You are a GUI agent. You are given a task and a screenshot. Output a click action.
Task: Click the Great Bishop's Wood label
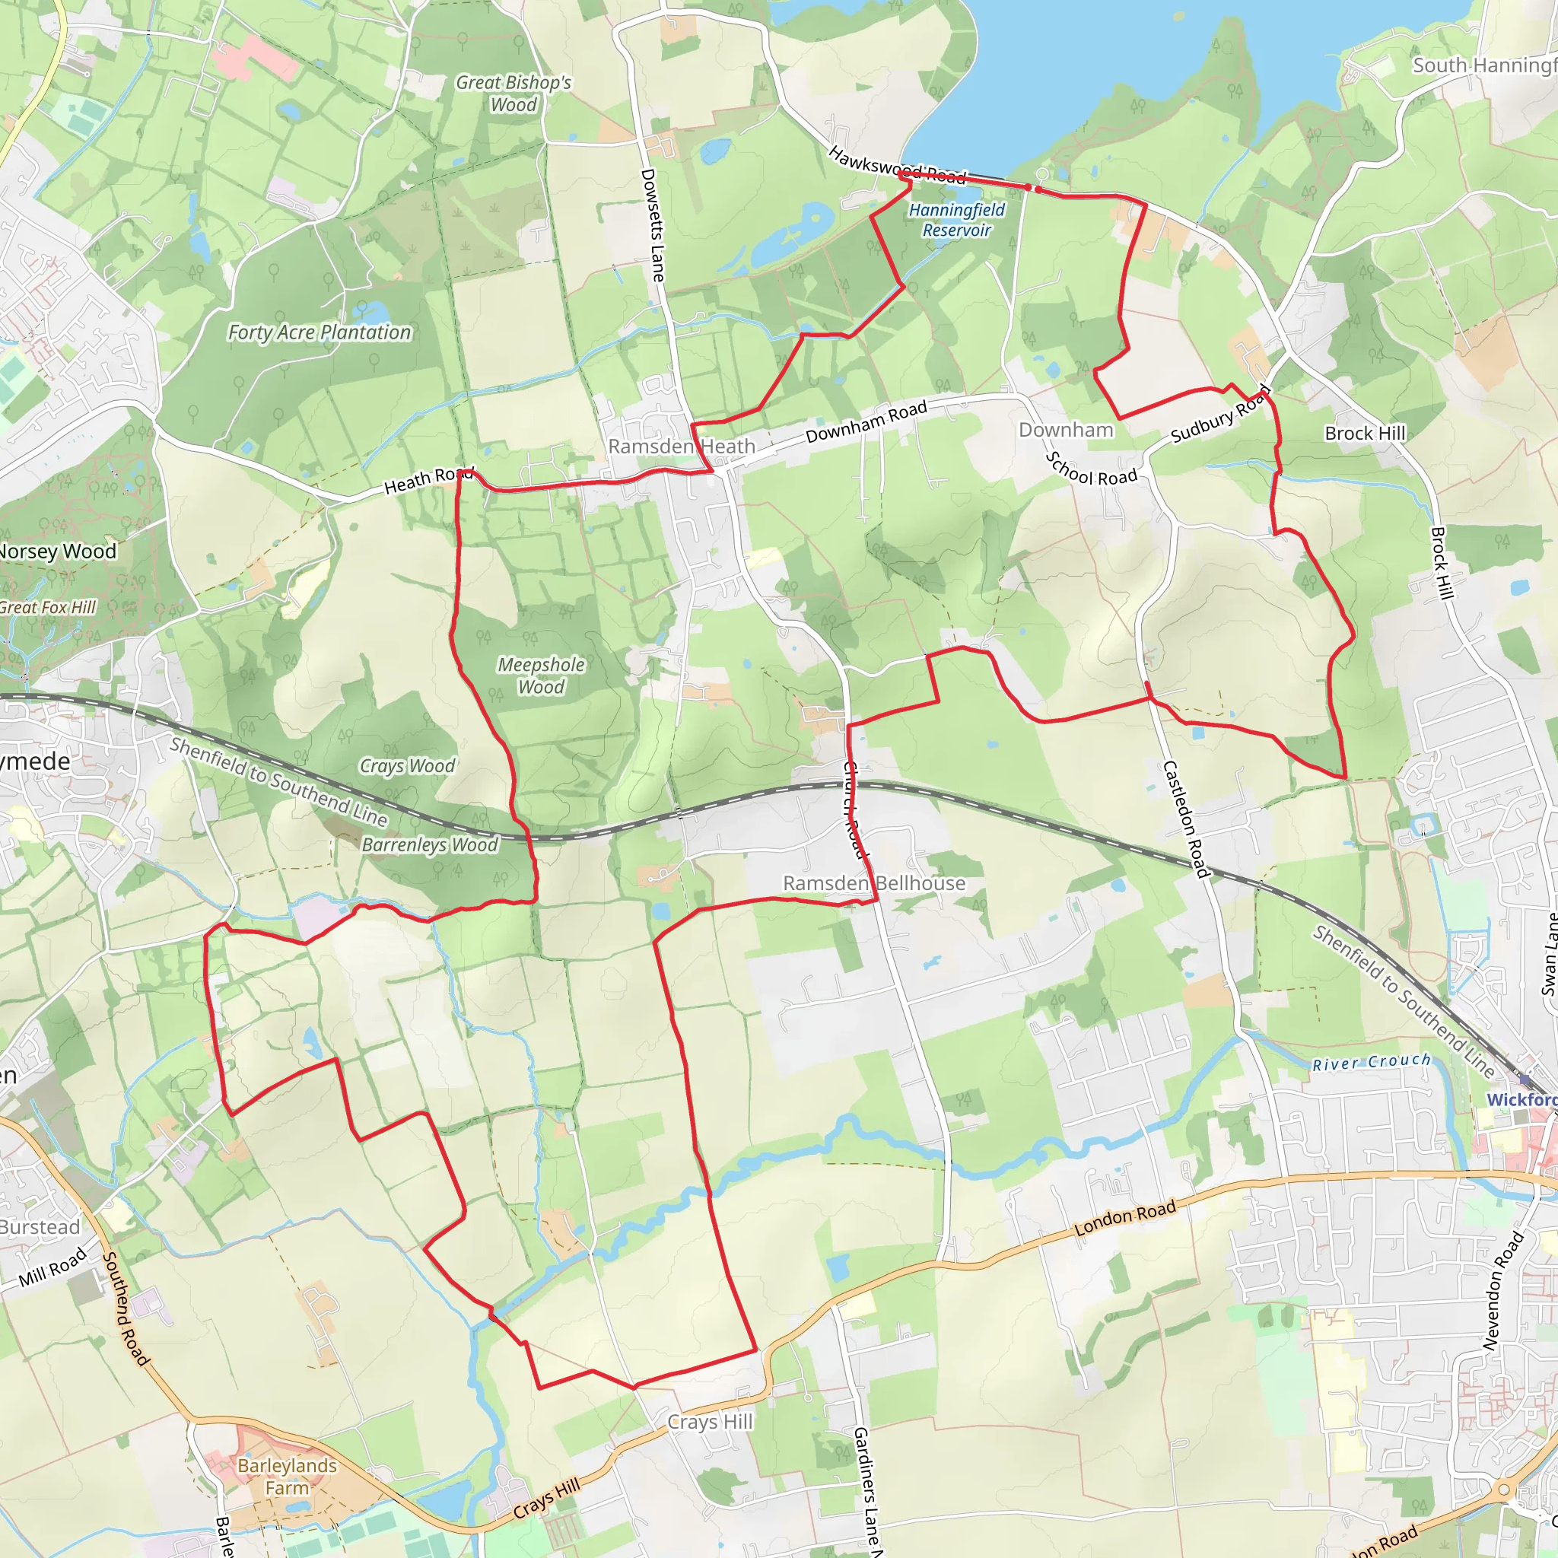coord(514,94)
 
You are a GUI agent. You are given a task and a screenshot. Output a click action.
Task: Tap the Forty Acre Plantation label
coord(320,332)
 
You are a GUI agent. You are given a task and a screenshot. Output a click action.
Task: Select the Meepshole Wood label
coord(541,676)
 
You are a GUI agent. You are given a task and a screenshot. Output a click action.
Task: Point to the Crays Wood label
coord(407,765)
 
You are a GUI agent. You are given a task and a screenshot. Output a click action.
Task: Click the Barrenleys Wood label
coord(430,844)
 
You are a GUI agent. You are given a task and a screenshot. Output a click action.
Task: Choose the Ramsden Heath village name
coord(682,446)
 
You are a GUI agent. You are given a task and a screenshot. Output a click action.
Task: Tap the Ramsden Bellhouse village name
coord(874,883)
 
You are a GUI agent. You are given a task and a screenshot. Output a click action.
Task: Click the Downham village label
coord(1065,430)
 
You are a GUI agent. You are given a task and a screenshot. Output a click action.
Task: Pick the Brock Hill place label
coord(1365,433)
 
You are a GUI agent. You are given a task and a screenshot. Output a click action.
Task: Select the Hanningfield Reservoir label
coord(956,220)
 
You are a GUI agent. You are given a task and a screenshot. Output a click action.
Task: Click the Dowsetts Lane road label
coord(653,225)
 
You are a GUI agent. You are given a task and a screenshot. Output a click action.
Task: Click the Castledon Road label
coord(1184,819)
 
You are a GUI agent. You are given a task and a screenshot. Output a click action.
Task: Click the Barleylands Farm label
coord(287,1477)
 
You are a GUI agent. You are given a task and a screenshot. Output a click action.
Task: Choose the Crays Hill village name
coord(710,1422)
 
